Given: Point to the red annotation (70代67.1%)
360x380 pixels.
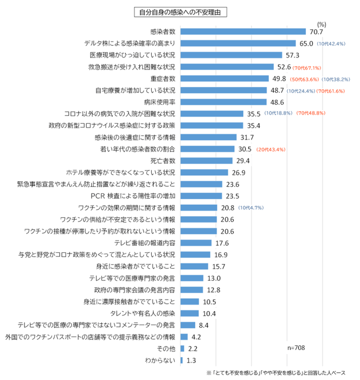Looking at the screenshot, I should pyautogui.click(x=307, y=67).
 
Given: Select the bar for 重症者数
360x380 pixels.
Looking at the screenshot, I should pyautogui.click(x=224, y=79).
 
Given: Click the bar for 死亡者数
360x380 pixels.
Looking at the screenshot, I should pyautogui.click(x=206, y=161).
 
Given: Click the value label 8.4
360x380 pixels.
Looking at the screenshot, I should pyautogui.click(x=204, y=325).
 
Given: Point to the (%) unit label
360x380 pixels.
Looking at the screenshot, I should pyautogui.click(x=321, y=24).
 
